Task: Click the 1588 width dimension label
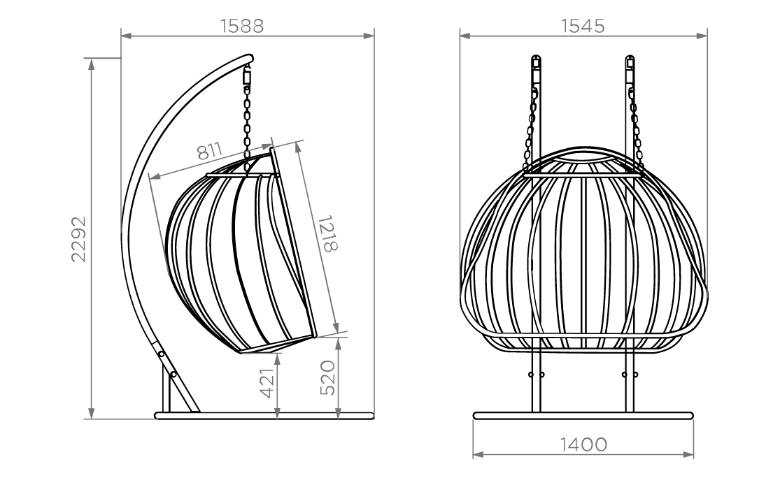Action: tap(242, 26)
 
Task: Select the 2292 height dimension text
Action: tap(78, 239)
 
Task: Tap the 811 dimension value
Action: tap(209, 150)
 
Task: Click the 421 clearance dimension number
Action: tap(268, 382)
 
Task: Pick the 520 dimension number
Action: tap(327, 377)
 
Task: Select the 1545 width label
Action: tap(583, 26)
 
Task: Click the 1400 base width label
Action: tap(583, 444)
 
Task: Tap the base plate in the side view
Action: tap(264, 415)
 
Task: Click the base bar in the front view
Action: tap(583, 415)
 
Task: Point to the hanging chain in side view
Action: tap(247, 130)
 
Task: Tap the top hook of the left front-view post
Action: tap(536, 62)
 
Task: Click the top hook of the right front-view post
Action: tap(630, 62)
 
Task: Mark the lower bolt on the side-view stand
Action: tap(173, 374)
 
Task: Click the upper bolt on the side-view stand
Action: tap(161, 354)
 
